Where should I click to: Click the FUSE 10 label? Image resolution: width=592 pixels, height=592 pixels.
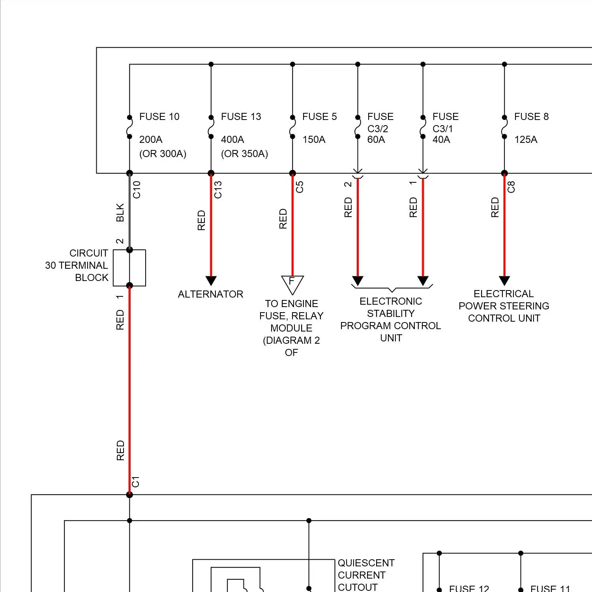click(159, 117)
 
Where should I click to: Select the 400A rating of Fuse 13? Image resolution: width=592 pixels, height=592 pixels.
click(232, 140)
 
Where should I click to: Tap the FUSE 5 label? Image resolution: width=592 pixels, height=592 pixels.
click(319, 117)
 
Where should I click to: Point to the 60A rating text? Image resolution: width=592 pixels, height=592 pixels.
click(376, 140)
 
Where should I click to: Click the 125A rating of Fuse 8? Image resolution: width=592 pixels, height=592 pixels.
click(526, 140)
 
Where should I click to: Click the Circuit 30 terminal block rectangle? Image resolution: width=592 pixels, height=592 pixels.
click(129, 268)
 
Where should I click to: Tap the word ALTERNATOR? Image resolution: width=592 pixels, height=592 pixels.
click(210, 294)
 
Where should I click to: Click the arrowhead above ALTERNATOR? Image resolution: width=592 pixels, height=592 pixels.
click(211, 281)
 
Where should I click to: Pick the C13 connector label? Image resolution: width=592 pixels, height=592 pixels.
click(218, 190)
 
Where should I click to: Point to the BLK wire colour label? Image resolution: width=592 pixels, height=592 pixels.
click(120, 212)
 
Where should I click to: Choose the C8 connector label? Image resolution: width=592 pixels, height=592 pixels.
click(511, 187)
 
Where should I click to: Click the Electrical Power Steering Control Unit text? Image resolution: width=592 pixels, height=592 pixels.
click(504, 306)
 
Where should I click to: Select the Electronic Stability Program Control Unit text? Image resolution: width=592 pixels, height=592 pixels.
click(391, 320)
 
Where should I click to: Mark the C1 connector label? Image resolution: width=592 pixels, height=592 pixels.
click(136, 482)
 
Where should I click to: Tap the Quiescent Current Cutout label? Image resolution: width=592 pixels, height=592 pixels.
click(365, 575)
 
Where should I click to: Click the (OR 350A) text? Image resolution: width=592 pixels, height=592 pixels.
click(244, 154)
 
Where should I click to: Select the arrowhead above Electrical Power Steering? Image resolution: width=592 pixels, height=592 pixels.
click(504, 281)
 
